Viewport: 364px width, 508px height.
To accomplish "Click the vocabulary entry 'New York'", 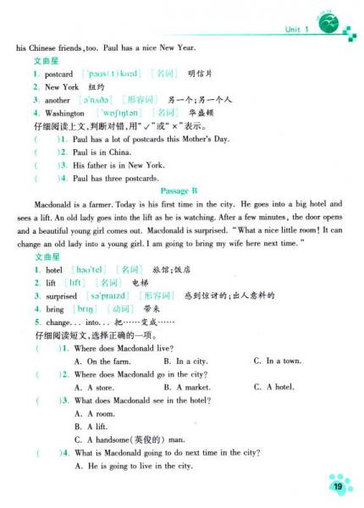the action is point(62,86).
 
